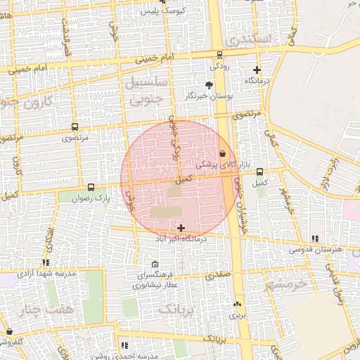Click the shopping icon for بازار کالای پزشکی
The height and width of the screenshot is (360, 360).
(223, 153)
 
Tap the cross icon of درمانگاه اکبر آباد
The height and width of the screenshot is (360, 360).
(181, 227)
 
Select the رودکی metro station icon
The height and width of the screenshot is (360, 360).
(219, 55)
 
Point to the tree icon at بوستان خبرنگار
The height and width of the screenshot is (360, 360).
(208, 84)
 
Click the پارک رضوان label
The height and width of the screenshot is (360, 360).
(94, 199)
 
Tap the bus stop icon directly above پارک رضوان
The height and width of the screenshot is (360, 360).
(91, 187)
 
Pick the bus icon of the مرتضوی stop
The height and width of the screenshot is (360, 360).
(75, 127)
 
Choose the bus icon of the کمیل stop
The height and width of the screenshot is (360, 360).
(259, 172)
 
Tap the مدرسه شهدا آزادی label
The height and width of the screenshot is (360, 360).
(52, 272)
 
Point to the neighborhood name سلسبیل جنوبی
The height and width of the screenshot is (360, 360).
(146, 91)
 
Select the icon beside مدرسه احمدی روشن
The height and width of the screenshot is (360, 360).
(124, 345)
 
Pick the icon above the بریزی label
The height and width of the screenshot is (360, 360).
(236, 304)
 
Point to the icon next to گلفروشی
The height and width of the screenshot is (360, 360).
(8, 331)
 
